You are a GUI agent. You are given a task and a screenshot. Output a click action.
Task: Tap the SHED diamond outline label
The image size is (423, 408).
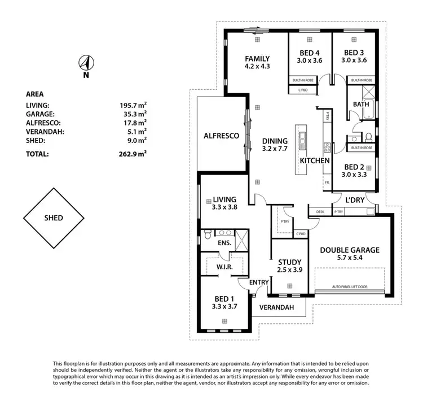coord(53,218)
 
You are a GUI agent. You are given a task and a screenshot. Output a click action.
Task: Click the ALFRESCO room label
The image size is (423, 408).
coord(222,136)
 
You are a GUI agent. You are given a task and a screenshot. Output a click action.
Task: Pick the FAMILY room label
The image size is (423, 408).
coord(257,58)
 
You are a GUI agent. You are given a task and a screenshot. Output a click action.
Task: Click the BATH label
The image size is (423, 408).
coord(361,105)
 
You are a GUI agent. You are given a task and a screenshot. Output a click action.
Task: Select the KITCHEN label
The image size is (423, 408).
coord(314,161)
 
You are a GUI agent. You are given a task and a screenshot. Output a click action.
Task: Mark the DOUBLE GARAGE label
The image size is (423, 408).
coord(350,250)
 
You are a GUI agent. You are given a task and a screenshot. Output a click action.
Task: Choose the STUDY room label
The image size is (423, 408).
coord(290,262)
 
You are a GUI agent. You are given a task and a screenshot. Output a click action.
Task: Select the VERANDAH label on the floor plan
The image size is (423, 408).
coord(276,308)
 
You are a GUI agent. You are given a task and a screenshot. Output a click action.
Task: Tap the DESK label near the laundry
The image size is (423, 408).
coord(320,212)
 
